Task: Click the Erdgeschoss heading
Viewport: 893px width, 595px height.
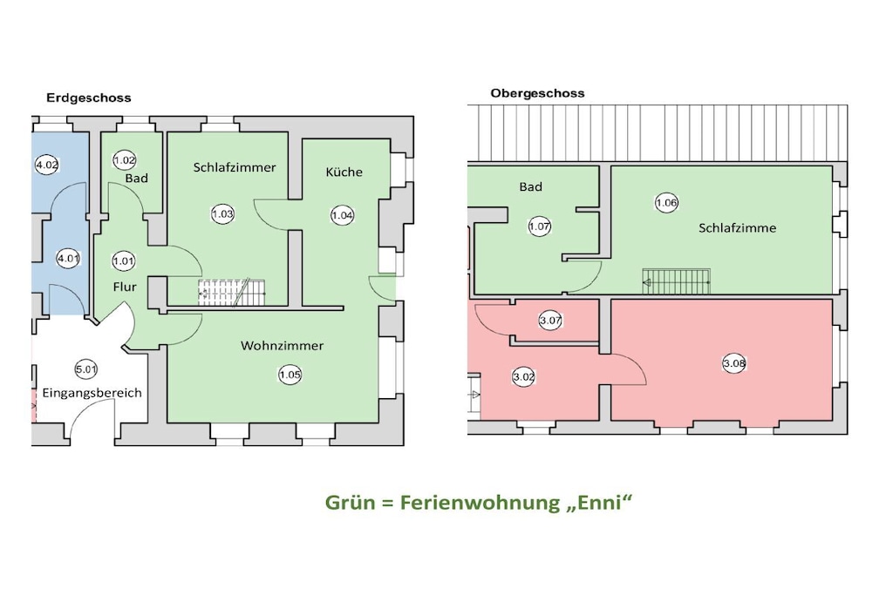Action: click(x=89, y=98)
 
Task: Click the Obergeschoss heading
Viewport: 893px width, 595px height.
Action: click(x=537, y=93)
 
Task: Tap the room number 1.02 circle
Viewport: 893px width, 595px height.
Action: click(x=124, y=160)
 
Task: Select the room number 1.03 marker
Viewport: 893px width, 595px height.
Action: click(x=222, y=214)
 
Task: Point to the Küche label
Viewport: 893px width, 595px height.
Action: click(x=344, y=172)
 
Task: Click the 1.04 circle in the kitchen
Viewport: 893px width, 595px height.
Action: click(x=342, y=215)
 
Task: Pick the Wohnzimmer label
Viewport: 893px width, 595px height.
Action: click(x=282, y=345)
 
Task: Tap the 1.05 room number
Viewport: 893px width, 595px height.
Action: click(x=290, y=375)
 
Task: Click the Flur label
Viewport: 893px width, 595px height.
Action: click(x=125, y=287)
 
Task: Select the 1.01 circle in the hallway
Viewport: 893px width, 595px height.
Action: click(x=124, y=261)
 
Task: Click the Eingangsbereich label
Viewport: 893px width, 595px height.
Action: click(x=92, y=393)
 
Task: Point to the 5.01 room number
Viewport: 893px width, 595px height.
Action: click(x=86, y=369)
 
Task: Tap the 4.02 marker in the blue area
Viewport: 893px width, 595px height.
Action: click(x=47, y=165)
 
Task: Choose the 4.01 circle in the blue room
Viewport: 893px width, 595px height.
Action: click(x=68, y=258)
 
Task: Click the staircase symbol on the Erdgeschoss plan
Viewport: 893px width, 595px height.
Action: click(x=232, y=293)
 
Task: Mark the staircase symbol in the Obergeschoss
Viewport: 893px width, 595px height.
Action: click(x=677, y=281)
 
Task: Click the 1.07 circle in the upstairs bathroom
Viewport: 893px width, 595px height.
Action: click(x=539, y=227)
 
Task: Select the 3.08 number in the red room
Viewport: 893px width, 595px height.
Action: click(x=734, y=363)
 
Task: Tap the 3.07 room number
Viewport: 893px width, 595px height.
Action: click(x=551, y=321)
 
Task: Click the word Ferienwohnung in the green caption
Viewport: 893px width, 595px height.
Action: click(x=481, y=503)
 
